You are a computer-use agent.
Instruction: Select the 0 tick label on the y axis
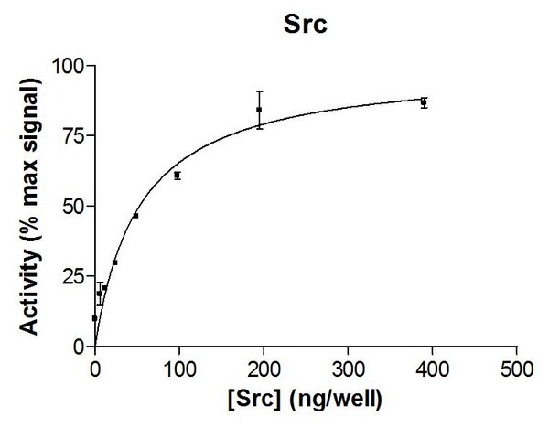click(78, 347)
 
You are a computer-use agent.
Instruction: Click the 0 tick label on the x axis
click(95, 369)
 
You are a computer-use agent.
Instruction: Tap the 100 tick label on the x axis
click(179, 369)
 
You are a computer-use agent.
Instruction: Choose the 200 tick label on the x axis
click(264, 369)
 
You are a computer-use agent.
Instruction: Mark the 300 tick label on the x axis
click(348, 369)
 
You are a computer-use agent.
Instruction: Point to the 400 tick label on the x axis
click(432, 369)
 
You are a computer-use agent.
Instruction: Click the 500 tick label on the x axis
click(516, 369)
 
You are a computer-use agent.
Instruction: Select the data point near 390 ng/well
click(424, 102)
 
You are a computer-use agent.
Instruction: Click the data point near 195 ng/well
click(259, 110)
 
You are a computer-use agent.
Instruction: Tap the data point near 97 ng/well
click(177, 175)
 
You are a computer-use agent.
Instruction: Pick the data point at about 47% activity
click(135, 215)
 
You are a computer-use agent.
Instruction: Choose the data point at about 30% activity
click(114, 262)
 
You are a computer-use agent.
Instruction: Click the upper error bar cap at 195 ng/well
click(259, 91)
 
